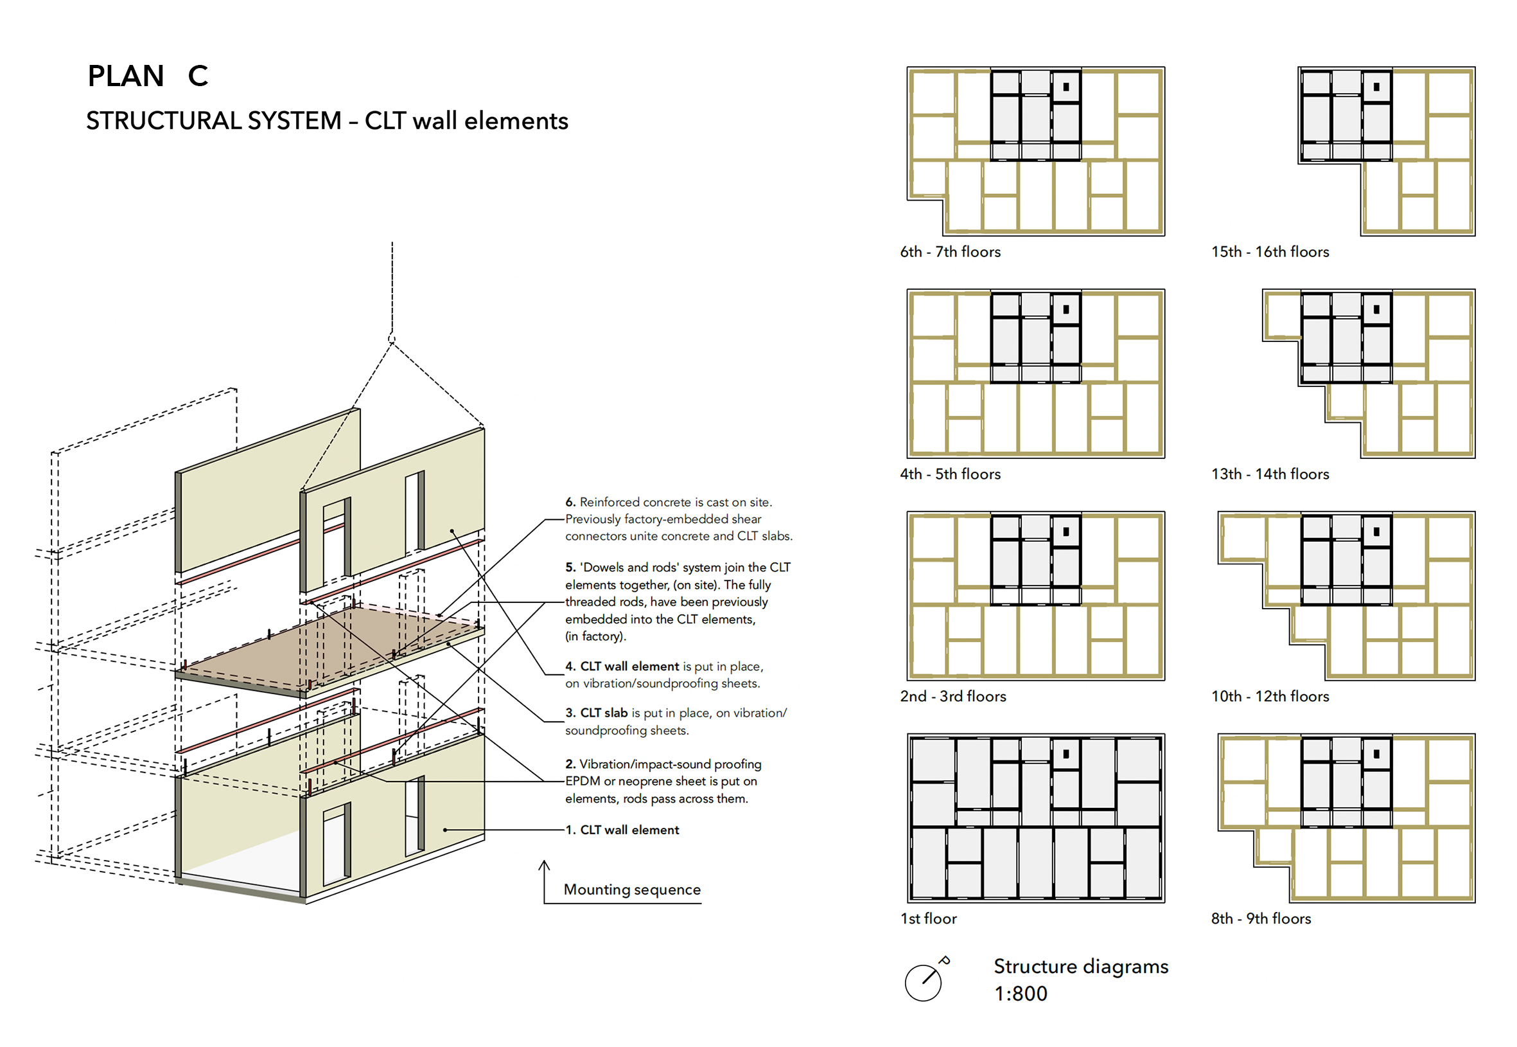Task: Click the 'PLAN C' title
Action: [x=148, y=76]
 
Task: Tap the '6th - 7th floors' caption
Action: [x=950, y=252]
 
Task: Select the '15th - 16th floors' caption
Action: [x=1270, y=252]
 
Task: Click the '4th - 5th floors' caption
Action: [x=950, y=474]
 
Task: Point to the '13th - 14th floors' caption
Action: [x=1270, y=474]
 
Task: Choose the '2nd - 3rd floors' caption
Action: [x=952, y=697]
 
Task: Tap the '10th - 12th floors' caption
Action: [x=1270, y=697]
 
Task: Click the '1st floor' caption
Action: [x=928, y=919]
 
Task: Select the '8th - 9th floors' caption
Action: [x=1261, y=919]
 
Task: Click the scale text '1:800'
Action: [x=1021, y=994]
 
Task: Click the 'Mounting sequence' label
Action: [x=632, y=890]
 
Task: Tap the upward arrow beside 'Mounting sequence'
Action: [x=544, y=879]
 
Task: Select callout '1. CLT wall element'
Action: [x=622, y=830]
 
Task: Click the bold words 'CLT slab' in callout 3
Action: [x=604, y=713]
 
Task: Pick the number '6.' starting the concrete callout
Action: [x=570, y=503]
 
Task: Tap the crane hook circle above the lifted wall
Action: [x=392, y=339]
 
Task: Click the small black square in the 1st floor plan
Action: [x=1066, y=755]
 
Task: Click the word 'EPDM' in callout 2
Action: [x=582, y=782]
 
